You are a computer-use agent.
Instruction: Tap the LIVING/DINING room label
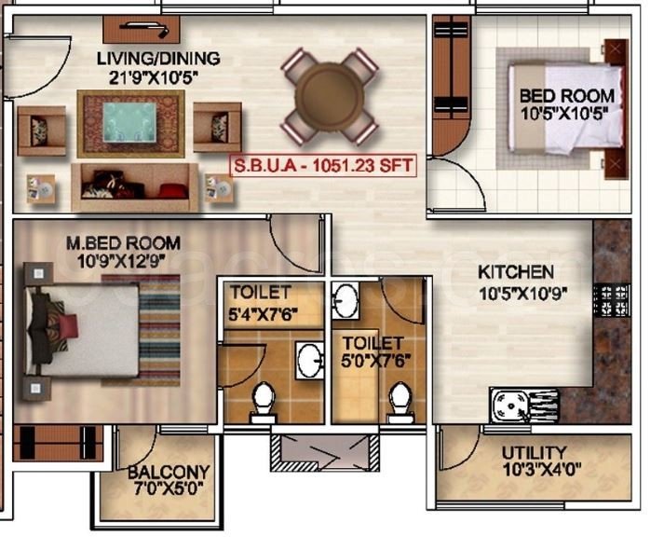pos(158,59)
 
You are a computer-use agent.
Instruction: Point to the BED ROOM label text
pos(566,95)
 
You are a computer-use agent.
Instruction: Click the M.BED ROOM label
pos(123,243)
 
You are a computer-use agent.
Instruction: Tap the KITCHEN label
pos(516,272)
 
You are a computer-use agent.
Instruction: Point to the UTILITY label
pos(534,454)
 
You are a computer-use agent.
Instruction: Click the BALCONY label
pos(169,472)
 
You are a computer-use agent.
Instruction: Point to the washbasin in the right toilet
pos(346,301)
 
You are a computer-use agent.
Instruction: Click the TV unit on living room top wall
pos(142,27)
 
